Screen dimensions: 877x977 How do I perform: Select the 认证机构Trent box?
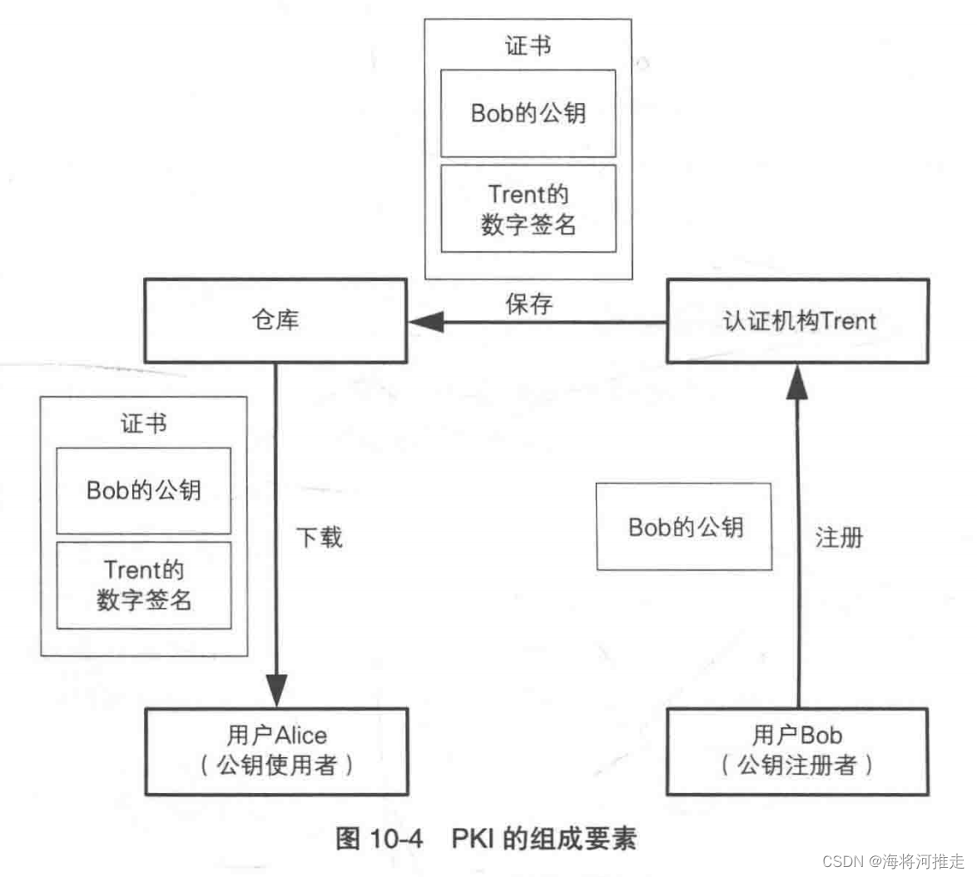tap(797, 321)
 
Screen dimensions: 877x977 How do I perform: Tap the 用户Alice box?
tap(276, 751)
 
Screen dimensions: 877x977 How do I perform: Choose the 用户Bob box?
tap(797, 751)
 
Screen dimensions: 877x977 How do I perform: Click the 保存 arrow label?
tap(528, 304)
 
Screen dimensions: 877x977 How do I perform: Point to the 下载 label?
tap(320, 538)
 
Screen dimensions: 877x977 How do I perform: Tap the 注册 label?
tap(839, 538)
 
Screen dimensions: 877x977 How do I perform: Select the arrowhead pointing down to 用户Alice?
tap(276, 690)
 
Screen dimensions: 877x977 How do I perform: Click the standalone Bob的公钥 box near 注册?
tap(684, 528)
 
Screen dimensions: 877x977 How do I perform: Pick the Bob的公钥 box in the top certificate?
tap(528, 113)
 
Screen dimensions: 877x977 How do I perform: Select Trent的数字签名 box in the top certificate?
tap(528, 209)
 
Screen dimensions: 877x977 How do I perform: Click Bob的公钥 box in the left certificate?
tap(144, 490)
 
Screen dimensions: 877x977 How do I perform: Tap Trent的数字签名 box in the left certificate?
tap(144, 585)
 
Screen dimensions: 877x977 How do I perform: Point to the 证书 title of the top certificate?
tap(528, 46)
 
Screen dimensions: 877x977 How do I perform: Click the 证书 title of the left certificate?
tap(144, 424)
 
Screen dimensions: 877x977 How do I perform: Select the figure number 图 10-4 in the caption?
tap(379, 838)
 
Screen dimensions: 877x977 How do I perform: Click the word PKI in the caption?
tap(473, 838)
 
